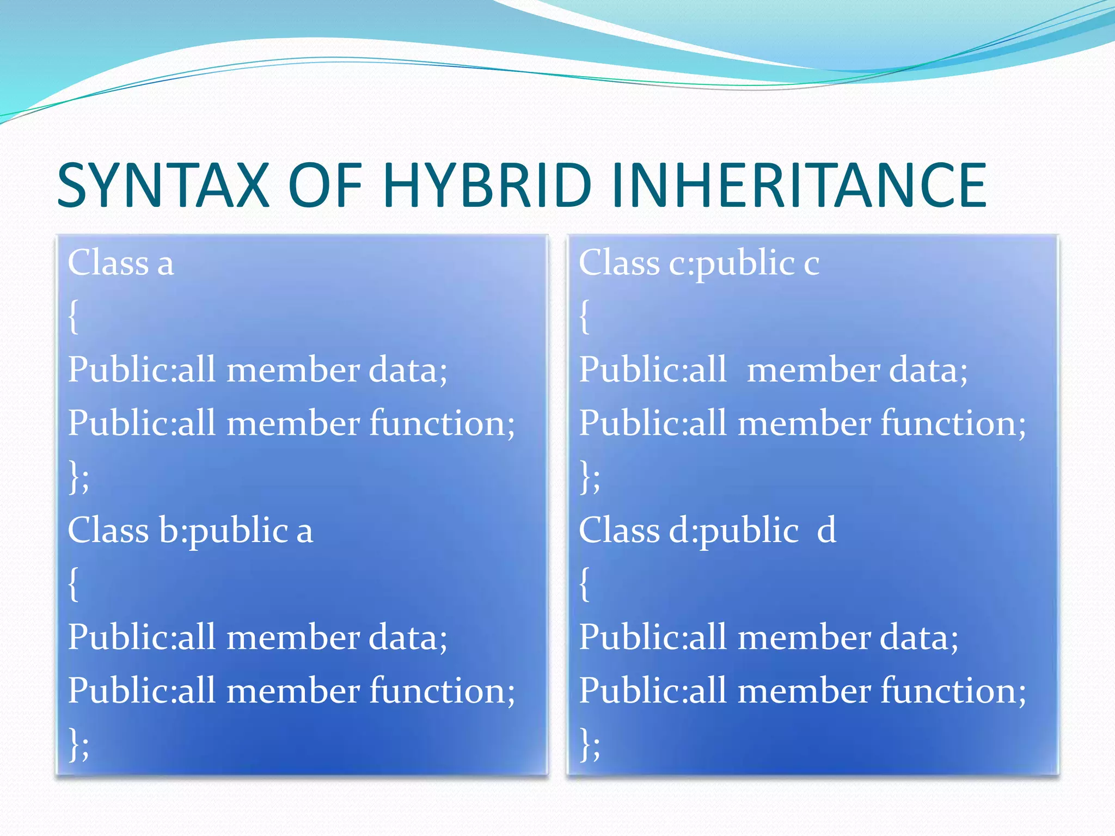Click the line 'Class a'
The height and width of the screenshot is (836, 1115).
tap(121, 263)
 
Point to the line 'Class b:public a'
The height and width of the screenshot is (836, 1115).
tap(190, 531)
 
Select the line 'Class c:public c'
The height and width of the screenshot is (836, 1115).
tap(699, 263)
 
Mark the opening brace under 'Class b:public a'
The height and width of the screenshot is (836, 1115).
tap(73, 584)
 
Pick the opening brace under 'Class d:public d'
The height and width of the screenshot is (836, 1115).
tap(584, 584)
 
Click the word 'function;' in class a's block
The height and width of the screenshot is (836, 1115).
tap(442, 423)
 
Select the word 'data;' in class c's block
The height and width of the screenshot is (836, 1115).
tap(928, 370)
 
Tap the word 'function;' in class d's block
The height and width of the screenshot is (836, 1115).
tap(953, 691)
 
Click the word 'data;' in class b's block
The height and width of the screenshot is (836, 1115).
tap(408, 638)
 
